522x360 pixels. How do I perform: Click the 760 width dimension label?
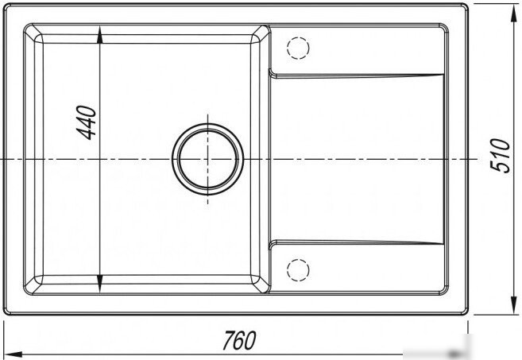click(x=239, y=340)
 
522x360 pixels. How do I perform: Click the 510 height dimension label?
click(x=500, y=156)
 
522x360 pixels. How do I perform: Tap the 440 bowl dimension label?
click(x=87, y=122)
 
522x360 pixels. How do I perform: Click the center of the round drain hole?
click(x=207, y=159)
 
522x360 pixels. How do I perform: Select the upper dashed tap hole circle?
click(x=298, y=48)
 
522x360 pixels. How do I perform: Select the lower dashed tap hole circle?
click(x=298, y=269)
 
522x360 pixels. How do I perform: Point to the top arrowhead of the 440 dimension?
click(x=99, y=35)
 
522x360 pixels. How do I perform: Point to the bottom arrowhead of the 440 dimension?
click(x=99, y=284)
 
